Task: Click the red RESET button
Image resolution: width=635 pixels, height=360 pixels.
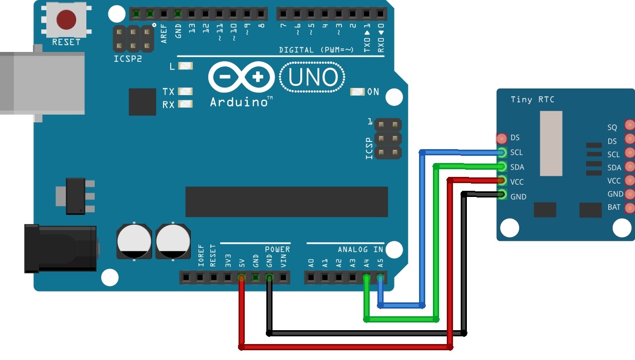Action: [x=66, y=20]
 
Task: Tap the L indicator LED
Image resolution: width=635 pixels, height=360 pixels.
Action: [x=185, y=66]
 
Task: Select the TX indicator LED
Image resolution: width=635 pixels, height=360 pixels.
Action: [x=185, y=92]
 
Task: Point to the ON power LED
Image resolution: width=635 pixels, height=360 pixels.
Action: [x=357, y=92]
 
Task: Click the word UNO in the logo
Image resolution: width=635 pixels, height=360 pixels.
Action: [x=313, y=78]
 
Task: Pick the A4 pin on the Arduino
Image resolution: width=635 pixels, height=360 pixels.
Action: [x=367, y=278]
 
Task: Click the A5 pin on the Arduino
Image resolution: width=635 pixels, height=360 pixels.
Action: [x=380, y=278]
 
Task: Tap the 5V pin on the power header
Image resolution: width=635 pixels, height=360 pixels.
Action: [x=241, y=278]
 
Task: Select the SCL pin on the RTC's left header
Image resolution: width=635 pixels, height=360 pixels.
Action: [x=502, y=152]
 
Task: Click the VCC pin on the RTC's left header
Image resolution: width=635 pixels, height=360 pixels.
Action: [x=502, y=181]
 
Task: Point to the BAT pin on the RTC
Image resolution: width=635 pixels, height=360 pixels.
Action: [x=629, y=208]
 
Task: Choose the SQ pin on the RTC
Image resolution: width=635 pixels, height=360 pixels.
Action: [x=629, y=124]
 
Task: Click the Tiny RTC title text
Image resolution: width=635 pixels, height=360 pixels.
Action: [x=532, y=99]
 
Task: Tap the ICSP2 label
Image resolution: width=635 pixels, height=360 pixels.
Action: [x=128, y=59]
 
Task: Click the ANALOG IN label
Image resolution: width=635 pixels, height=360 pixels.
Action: [x=360, y=249]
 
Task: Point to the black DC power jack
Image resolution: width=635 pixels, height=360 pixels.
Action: [x=61, y=248]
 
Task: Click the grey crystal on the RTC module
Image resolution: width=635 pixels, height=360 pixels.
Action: [x=551, y=142]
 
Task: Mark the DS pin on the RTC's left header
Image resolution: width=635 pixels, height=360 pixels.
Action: [x=502, y=138]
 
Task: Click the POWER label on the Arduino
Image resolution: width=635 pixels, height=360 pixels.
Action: [x=278, y=249]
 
